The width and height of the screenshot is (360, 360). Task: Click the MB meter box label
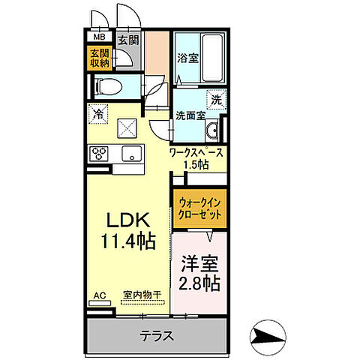pyautogui.click(x=99, y=37)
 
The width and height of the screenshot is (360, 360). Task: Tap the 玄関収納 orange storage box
pyautogui.click(x=100, y=58)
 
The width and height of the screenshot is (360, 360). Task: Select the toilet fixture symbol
pyautogui.click(x=108, y=86)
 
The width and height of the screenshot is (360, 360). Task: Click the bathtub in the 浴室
pyautogui.click(x=212, y=58)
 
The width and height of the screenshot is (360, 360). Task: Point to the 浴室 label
pyautogui.click(x=188, y=58)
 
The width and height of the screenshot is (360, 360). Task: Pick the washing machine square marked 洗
pyautogui.click(x=217, y=100)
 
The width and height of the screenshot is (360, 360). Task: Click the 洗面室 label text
pyautogui.click(x=190, y=115)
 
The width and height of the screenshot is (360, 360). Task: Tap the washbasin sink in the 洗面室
pyautogui.click(x=212, y=130)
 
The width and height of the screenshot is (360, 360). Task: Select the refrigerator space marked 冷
pyautogui.click(x=98, y=114)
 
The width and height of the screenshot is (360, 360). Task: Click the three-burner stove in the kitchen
pyautogui.click(x=99, y=154)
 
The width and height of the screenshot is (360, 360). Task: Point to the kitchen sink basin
pyautogui.click(x=132, y=154)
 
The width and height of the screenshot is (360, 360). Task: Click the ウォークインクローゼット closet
pyautogui.click(x=199, y=208)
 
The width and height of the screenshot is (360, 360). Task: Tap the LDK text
pyautogui.click(x=128, y=220)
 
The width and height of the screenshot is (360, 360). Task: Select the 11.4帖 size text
pyautogui.click(x=128, y=241)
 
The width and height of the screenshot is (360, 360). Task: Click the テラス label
pyautogui.click(x=157, y=335)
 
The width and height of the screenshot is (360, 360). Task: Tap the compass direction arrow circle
pyautogui.click(x=268, y=337)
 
